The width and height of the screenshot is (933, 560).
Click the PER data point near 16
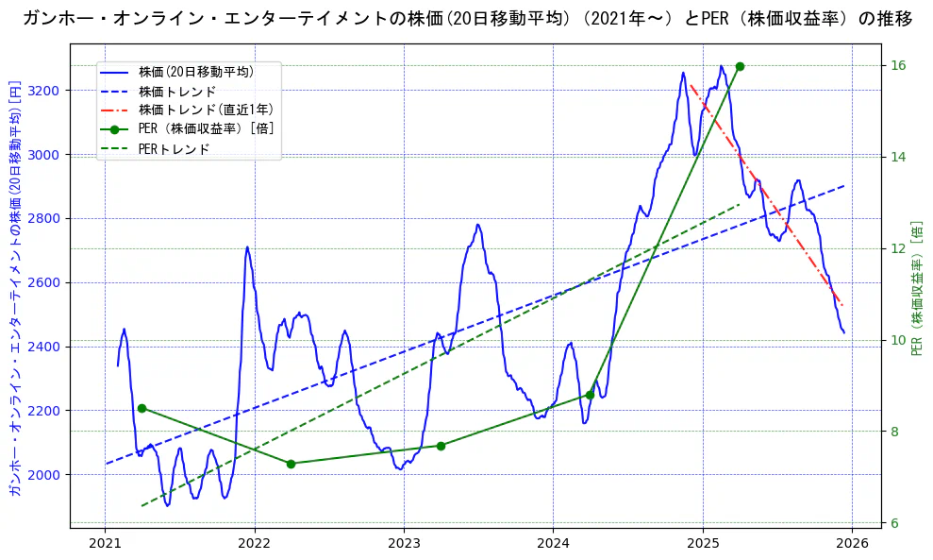coord(740,66)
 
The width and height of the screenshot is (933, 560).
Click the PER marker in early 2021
coord(142,408)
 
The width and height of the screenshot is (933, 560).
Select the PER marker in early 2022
coord(291,464)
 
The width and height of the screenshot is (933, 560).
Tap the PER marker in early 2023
coord(441,446)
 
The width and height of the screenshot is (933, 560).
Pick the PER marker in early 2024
coord(590,395)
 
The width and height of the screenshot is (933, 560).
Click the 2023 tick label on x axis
coord(404,543)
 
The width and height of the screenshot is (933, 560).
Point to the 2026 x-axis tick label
coord(852,543)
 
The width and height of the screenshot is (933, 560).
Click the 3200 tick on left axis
coord(47,91)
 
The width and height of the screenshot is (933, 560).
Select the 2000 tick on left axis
coord(47,474)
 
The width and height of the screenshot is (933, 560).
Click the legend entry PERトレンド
coord(174,149)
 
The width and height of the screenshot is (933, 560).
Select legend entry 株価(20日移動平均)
coord(195,71)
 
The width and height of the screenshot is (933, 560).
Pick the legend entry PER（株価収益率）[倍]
coord(206,129)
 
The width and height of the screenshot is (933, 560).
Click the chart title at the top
coord(467,18)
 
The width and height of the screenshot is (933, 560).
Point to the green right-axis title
coord(916,288)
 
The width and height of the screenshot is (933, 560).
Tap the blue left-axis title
coord(14,288)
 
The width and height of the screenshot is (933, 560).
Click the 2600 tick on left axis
coord(47,282)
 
